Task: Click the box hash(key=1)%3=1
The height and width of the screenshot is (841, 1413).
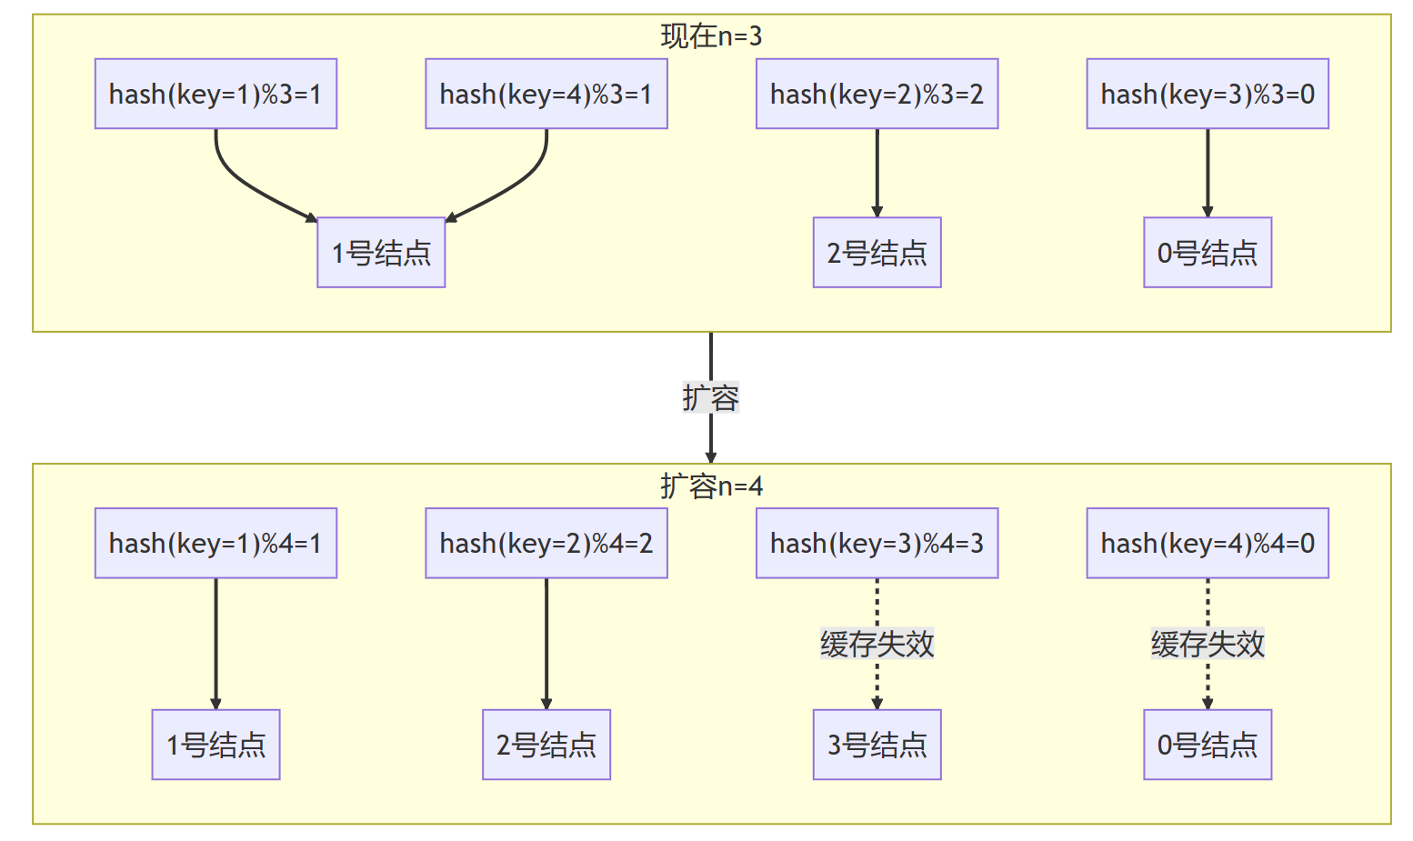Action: [x=215, y=94]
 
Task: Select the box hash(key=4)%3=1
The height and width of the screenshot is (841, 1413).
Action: [x=546, y=94]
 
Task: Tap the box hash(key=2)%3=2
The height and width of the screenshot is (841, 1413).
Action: [x=877, y=94]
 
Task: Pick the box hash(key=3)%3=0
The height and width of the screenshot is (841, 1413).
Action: [x=1207, y=94]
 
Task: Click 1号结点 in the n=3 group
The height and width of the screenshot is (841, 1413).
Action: [x=381, y=253]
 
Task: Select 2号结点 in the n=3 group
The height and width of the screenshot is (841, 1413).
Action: [x=877, y=253]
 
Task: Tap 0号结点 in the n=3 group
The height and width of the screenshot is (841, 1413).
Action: [x=1207, y=253]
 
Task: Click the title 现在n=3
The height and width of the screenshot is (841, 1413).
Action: [x=711, y=36]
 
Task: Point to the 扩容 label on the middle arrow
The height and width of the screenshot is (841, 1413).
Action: [x=711, y=397]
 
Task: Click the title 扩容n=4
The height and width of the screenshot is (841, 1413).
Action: [x=711, y=486]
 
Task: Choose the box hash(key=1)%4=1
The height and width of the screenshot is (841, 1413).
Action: [x=215, y=543]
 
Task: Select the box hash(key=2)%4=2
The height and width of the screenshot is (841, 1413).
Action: [x=546, y=543]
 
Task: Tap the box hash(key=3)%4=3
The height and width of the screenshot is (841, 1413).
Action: [x=877, y=543]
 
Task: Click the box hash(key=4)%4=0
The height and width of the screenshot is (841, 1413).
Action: [x=1207, y=543]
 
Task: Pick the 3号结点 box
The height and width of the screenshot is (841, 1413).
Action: [x=877, y=745]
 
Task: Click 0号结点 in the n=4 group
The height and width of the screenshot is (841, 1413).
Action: [x=1207, y=745]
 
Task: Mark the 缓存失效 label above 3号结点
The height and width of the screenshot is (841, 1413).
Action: [x=877, y=644]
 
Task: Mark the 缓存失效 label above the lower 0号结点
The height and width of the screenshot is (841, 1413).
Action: [x=1207, y=644]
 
